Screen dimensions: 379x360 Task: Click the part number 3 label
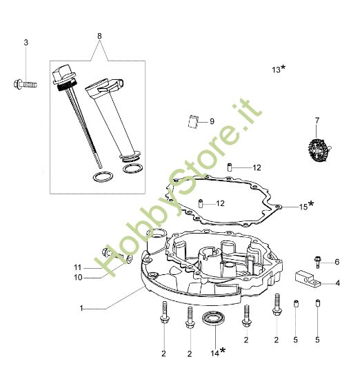26,43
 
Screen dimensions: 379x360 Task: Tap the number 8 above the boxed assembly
99,35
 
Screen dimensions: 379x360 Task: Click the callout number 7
317,121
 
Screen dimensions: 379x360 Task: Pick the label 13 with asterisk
279,69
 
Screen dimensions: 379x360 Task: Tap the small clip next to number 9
194,121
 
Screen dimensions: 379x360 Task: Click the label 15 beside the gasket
306,205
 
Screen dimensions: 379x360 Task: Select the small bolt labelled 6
317,260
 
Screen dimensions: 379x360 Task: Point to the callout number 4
337,282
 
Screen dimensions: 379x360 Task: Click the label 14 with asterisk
217,352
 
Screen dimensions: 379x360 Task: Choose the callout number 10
78,277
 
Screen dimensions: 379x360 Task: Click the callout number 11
78,267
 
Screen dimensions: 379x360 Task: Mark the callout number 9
212,121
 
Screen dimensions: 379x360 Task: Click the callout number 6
337,262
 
